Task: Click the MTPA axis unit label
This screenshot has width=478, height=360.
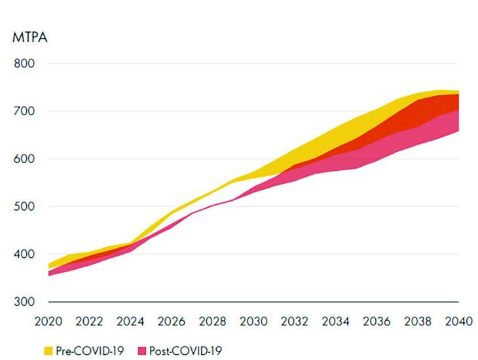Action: point(29,37)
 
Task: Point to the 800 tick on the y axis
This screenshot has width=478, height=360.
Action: point(24,63)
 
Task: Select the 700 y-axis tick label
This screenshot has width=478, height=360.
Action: point(24,111)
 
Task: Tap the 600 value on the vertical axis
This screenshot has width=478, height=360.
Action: point(24,159)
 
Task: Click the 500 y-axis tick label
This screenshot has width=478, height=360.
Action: point(24,207)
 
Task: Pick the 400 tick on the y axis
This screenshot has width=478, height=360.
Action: point(24,254)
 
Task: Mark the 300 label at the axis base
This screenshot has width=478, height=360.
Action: point(24,302)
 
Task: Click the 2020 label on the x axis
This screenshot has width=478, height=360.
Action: point(48,321)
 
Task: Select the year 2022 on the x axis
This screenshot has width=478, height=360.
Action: point(90,321)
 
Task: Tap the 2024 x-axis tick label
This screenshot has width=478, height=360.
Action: point(131,321)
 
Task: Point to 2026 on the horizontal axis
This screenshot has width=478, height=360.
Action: point(172,321)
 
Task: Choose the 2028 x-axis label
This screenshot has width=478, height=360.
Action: point(213,321)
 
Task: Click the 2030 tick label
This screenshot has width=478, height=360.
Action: point(254,321)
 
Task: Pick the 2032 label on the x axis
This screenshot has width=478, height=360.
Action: point(295,321)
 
